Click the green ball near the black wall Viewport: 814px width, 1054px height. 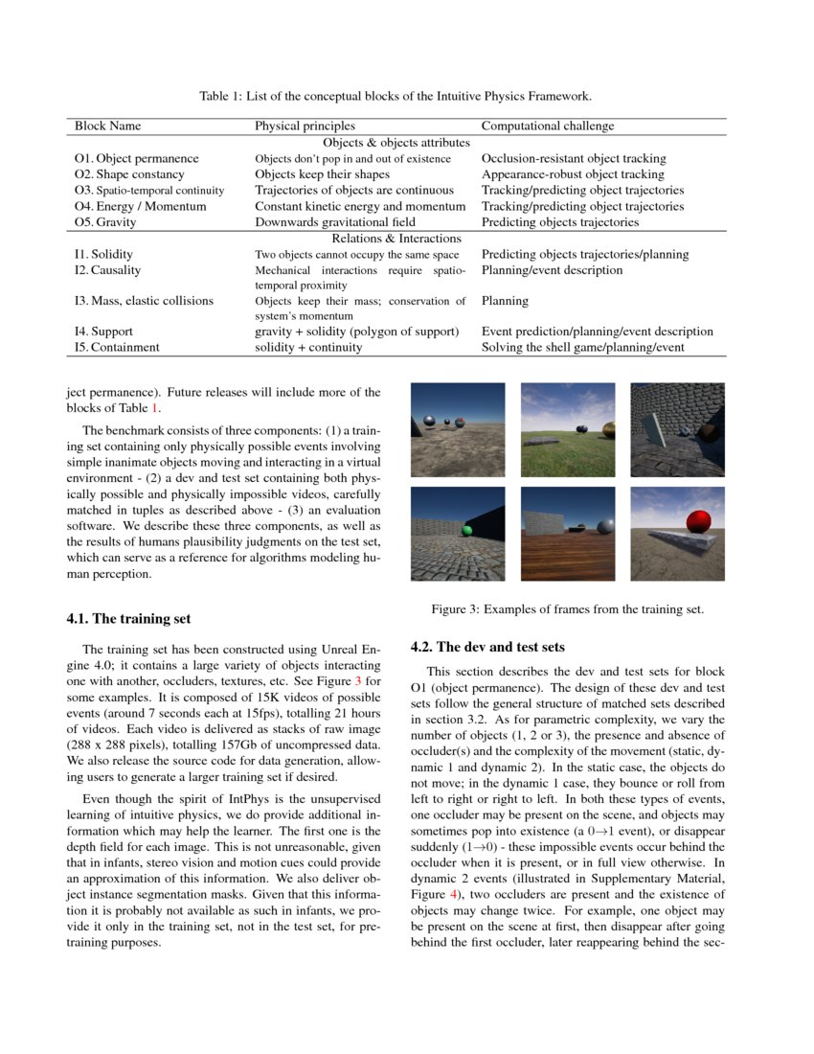pyautogui.click(x=466, y=530)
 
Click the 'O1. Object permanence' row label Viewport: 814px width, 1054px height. pyautogui.click(x=136, y=158)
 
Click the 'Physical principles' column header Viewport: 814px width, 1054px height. pyautogui.click(x=305, y=126)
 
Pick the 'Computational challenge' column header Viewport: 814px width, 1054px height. pyautogui.click(x=548, y=126)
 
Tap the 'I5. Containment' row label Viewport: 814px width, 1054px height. pyautogui.click(x=117, y=347)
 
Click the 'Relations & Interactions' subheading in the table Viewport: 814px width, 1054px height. pyautogui.click(x=396, y=238)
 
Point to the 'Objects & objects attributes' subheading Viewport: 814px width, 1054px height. pyautogui.click(x=396, y=142)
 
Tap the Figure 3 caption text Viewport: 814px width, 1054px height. pyautogui.click(x=567, y=609)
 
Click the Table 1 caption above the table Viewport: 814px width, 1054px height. pyautogui.click(x=396, y=97)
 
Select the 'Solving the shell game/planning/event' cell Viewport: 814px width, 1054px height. pyautogui.click(x=582, y=347)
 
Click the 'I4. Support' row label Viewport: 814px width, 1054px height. pyautogui.click(x=106, y=332)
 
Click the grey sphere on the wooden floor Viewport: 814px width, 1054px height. pyautogui.click(x=605, y=526)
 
